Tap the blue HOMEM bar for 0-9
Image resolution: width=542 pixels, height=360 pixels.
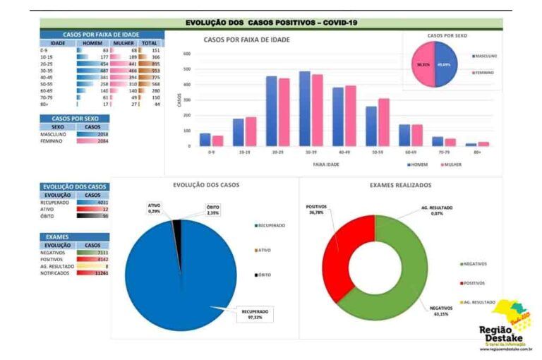(x=205, y=139)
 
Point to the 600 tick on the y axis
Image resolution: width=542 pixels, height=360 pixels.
(x=187, y=54)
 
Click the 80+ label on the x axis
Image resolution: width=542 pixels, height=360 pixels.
(x=478, y=152)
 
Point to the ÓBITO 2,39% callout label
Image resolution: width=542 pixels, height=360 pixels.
(x=212, y=210)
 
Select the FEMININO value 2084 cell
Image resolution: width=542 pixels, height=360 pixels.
(x=98, y=141)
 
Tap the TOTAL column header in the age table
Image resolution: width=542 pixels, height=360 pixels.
(x=150, y=43)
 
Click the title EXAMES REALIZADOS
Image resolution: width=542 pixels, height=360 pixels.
(x=400, y=185)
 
